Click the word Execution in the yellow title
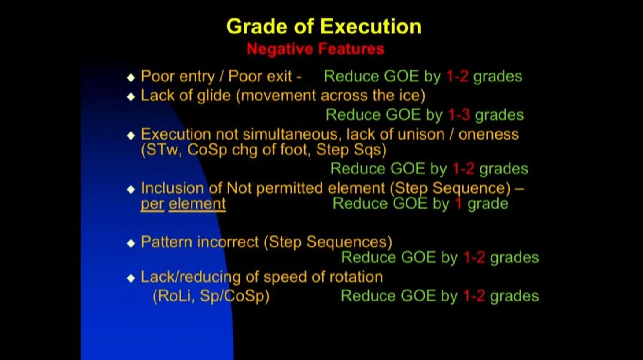click(x=371, y=26)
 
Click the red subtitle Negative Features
click(x=315, y=49)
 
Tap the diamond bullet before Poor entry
click(x=131, y=77)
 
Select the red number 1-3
click(x=459, y=115)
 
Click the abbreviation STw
click(x=162, y=150)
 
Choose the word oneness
click(x=488, y=134)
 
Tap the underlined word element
click(x=197, y=204)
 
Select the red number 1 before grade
click(x=458, y=204)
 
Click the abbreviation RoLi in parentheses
click(x=174, y=296)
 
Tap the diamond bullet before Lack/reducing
click(x=131, y=278)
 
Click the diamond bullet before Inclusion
click(x=131, y=189)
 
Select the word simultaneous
click(x=292, y=134)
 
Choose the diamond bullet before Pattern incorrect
click(x=131, y=243)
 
